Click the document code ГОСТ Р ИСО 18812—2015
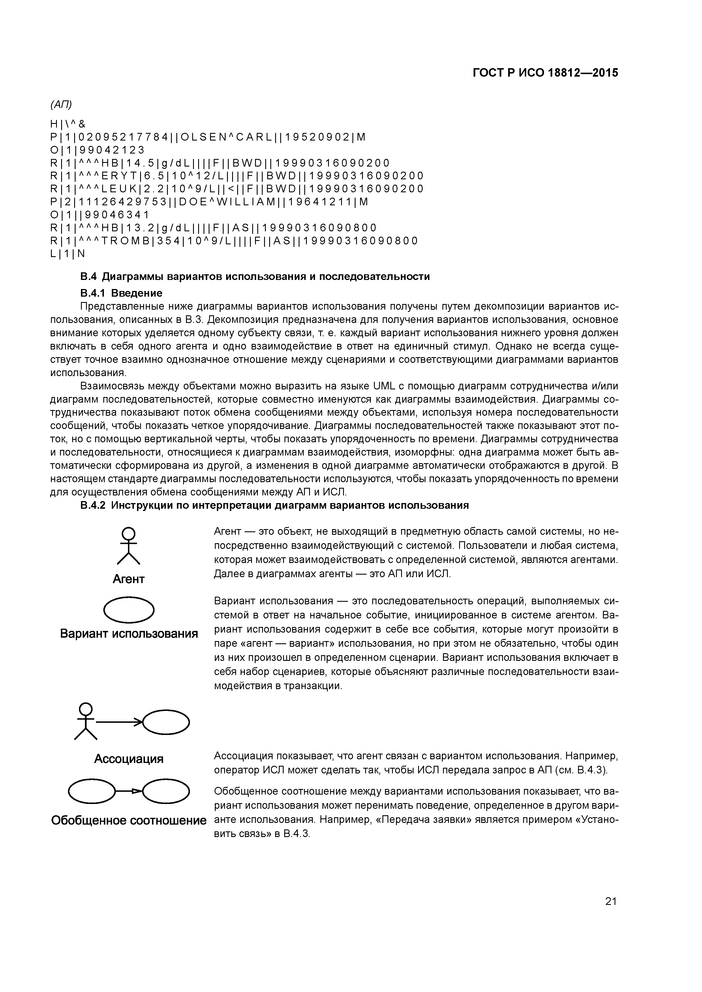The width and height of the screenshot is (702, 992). click(545, 73)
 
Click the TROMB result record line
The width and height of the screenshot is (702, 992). click(234, 241)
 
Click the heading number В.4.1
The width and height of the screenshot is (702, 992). click(93, 293)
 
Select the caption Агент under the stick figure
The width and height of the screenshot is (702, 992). click(129, 579)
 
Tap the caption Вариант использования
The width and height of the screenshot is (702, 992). click(129, 634)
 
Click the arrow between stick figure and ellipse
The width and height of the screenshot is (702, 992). click(119, 722)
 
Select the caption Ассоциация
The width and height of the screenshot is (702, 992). click(129, 759)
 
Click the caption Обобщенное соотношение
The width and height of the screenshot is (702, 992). click(129, 820)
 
